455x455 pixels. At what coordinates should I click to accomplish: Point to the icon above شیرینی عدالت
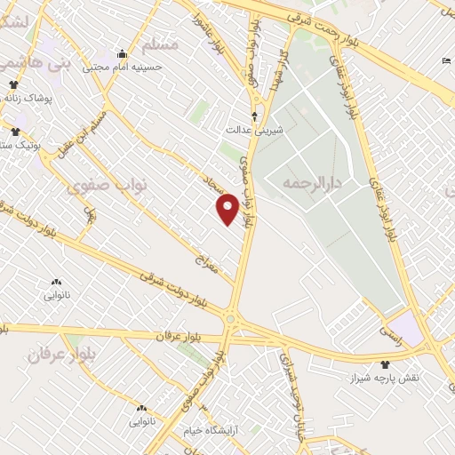255,116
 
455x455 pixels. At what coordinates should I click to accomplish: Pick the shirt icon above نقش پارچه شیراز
385,364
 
